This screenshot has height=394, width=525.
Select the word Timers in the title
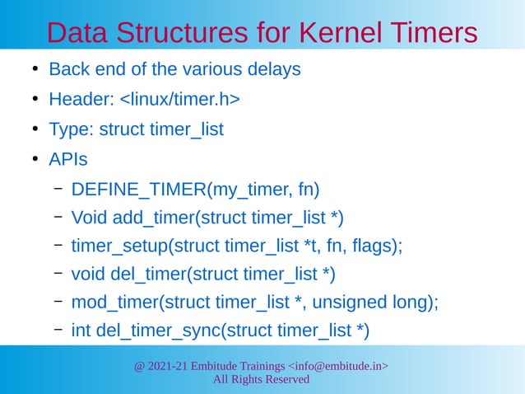pos(431,32)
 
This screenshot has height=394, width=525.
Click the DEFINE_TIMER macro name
pos(138,190)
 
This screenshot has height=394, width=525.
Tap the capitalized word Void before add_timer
pos(88,218)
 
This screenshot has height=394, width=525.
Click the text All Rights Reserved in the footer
pos(262,379)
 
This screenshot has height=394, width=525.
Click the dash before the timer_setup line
pos(59,245)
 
